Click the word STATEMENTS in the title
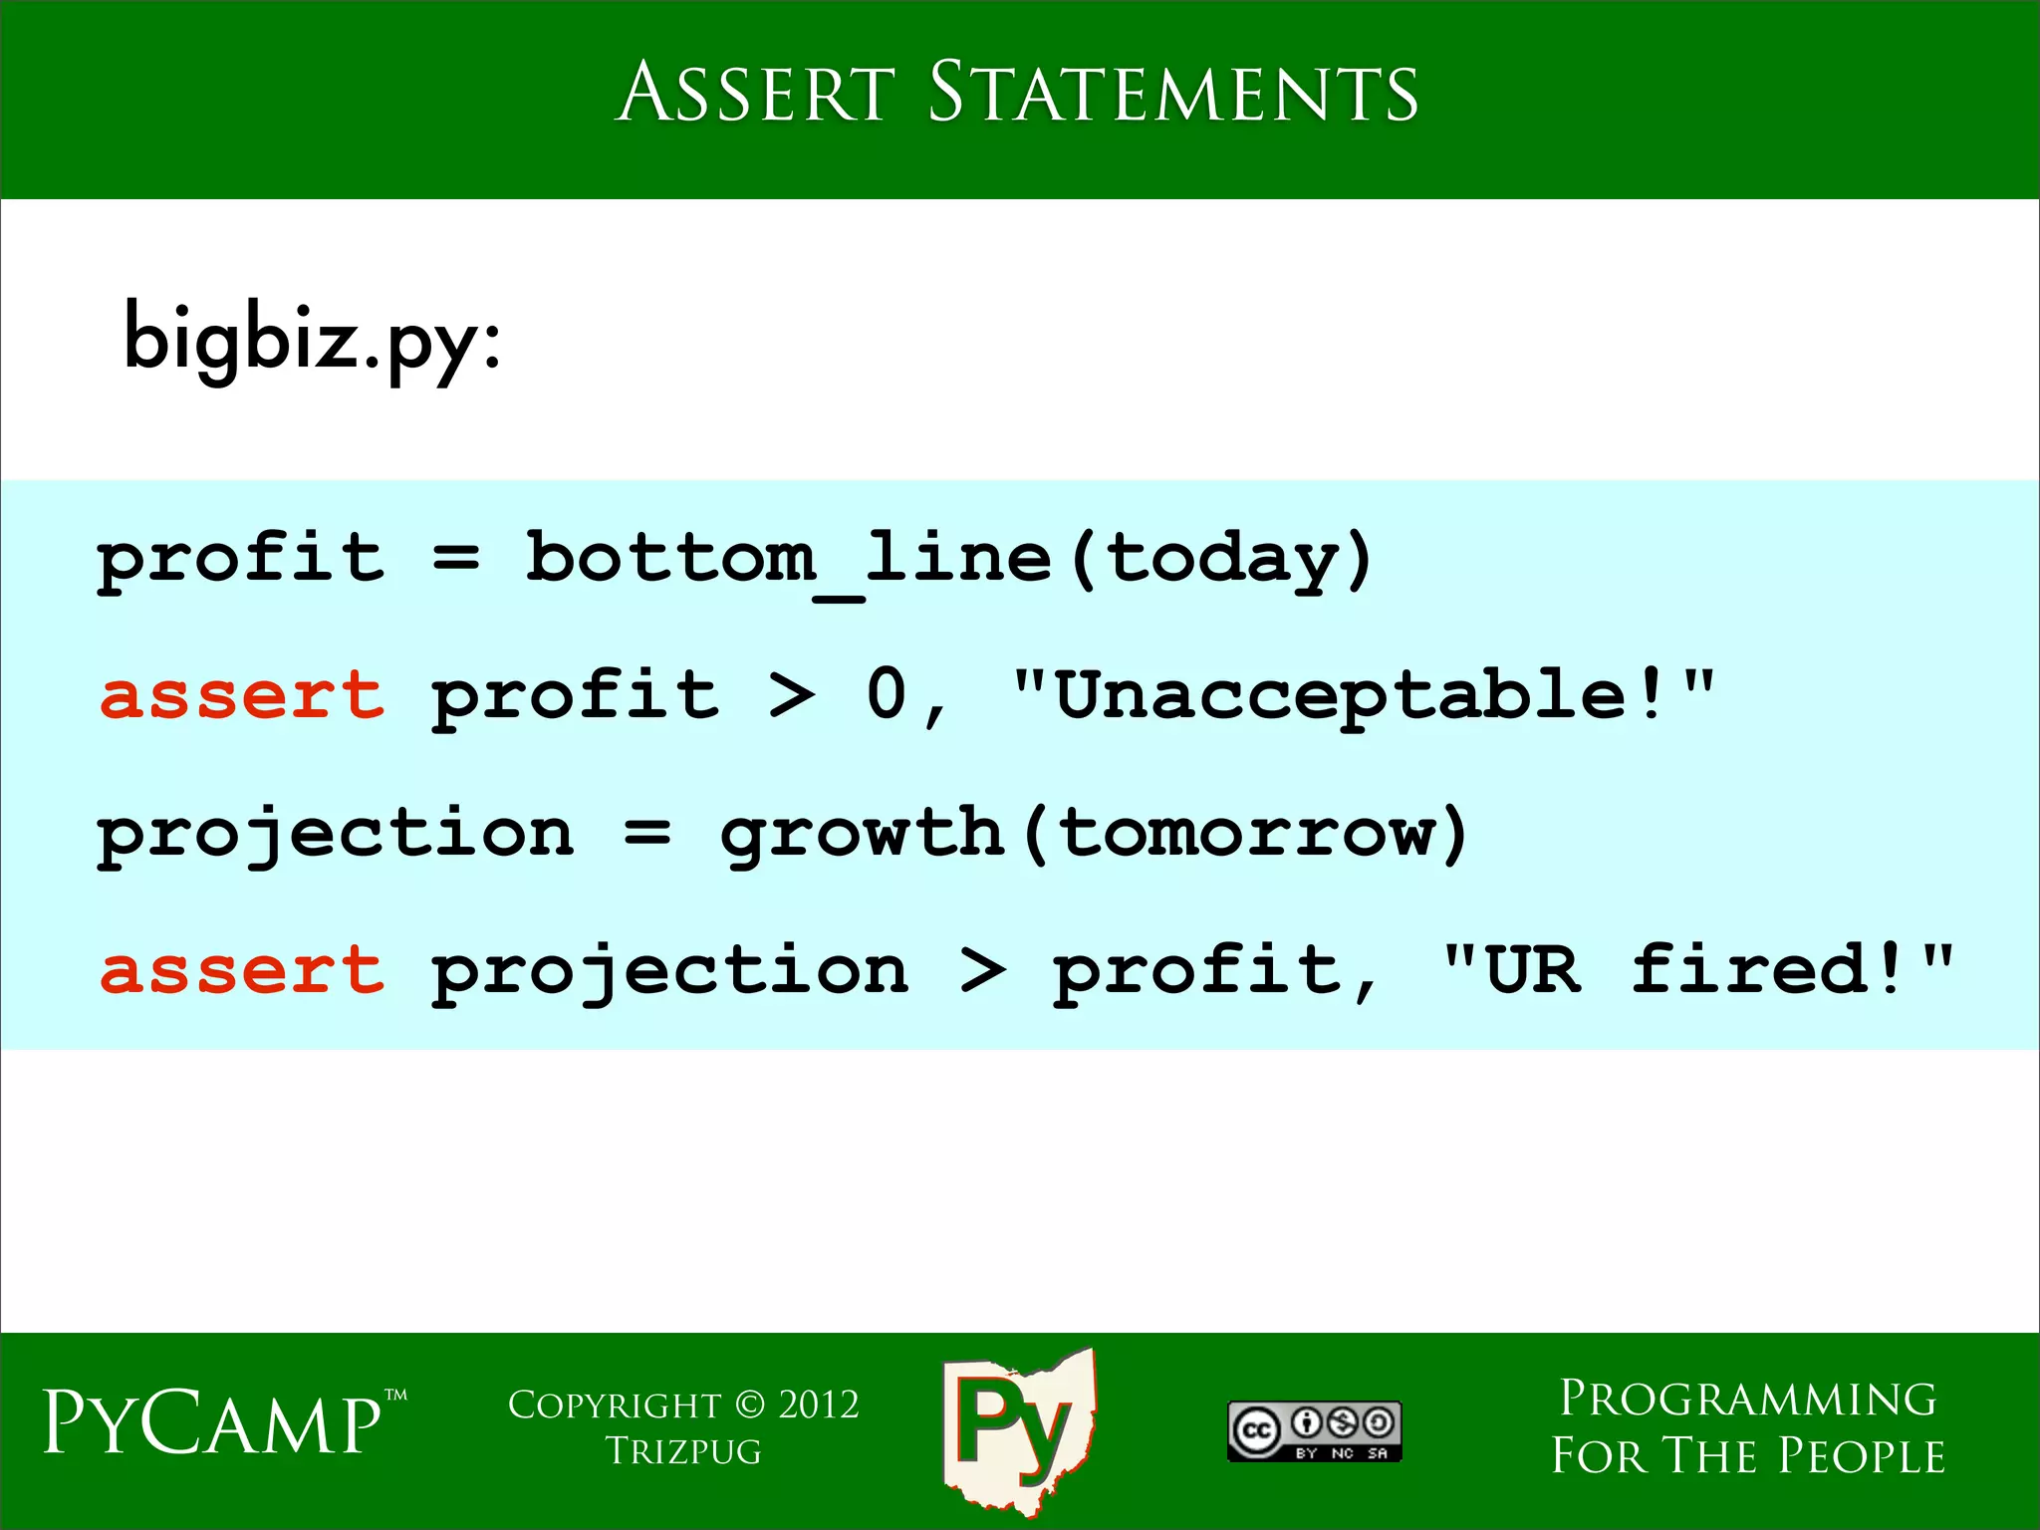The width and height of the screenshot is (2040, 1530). [1172, 93]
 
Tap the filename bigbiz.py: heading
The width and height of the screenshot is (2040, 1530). [312, 339]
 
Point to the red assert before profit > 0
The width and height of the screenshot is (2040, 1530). [242, 695]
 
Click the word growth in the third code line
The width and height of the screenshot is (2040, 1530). [861, 833]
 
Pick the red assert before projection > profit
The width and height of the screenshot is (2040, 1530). [242, 970]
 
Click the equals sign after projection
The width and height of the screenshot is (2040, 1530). [647, 833]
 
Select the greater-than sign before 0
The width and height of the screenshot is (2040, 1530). [793, 695]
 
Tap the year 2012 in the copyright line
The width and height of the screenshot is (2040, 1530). [818, 1405]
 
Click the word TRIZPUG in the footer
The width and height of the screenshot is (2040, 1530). [683, 1452]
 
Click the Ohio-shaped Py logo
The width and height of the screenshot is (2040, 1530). [1018, 1429]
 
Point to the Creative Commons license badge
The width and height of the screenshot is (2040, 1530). [1314, 1431]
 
